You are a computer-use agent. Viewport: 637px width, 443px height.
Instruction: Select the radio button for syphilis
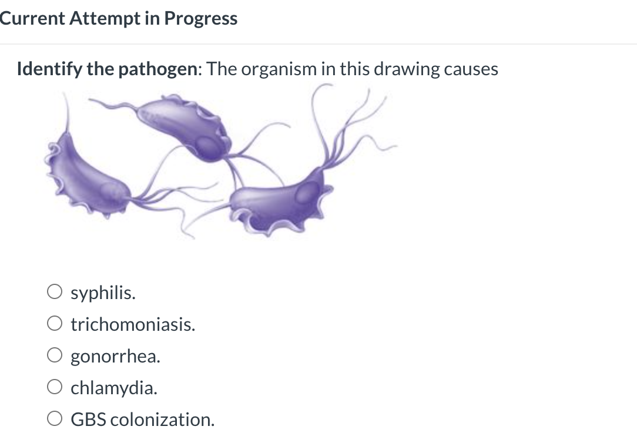pyautogui.click(x=55, y=291)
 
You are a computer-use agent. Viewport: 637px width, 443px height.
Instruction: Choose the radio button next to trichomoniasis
pyautogui.click(x=55, y=324)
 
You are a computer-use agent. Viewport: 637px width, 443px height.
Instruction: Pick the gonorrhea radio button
pyautogui.click(x=55, y=355)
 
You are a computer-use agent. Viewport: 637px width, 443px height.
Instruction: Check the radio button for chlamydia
pyautogui.click(x=55, y=387)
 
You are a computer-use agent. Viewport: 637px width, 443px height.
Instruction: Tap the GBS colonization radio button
pyautogui.click(x=55, y=419)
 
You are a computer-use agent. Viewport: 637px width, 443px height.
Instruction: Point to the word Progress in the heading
pyautogui.click(x=201, y=19)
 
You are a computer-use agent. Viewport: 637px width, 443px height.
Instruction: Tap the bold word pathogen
pyautogui.click(x=157, y=69)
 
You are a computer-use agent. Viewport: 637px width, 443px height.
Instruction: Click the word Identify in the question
pyautogui.click(x=49, y=69)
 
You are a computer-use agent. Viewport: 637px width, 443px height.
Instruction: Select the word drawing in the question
pyautogui.click(x=406, y=69)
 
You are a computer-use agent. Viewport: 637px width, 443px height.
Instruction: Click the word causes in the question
pyautogui.click(x=471, y=69)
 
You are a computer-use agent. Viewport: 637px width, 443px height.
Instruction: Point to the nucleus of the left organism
pyautogui.click(x=111, y=192)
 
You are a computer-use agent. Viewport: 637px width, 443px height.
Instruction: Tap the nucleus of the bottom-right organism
pyautogui.click(x=307, y=193)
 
